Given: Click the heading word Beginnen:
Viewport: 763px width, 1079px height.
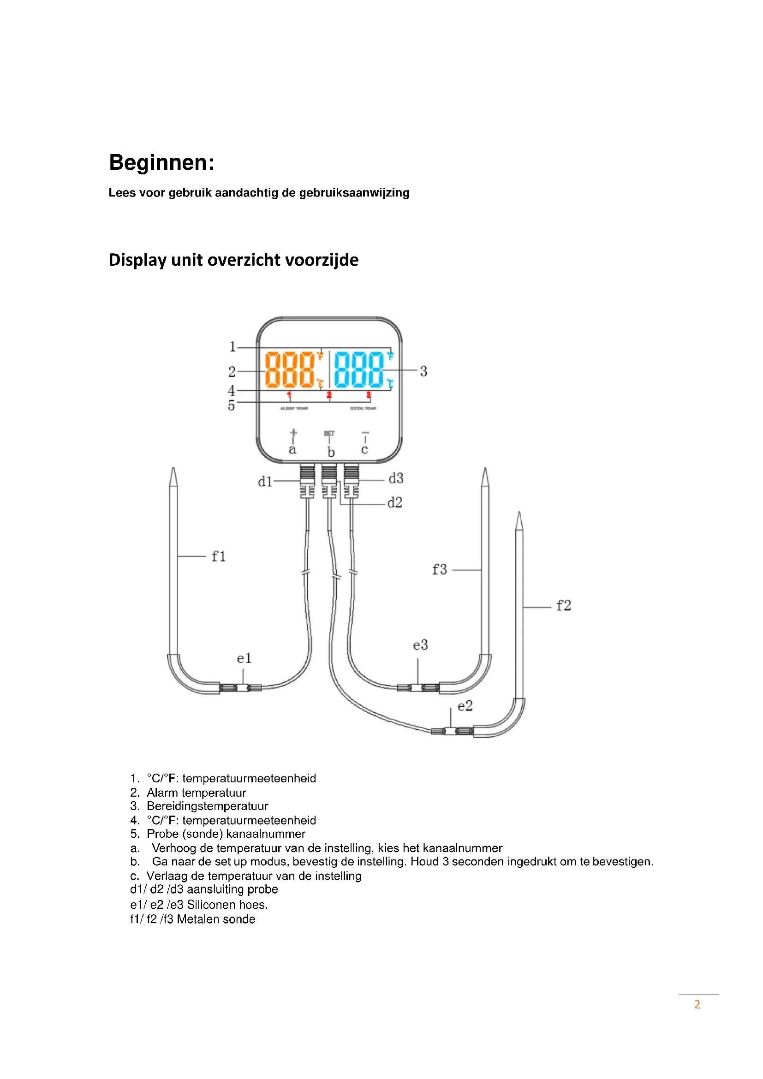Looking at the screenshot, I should (x=161, y=163).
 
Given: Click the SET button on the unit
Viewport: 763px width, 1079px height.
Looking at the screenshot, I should (x=329, y=433).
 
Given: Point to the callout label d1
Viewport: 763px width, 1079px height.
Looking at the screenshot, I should (x=265, y=482).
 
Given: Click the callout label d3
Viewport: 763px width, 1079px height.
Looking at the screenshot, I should (x=396, y=478).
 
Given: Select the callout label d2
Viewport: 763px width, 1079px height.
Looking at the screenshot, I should (x=395, y=503).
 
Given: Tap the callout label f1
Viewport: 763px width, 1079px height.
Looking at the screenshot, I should (x=219, y=556).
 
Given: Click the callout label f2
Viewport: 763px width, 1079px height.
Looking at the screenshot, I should (x=563, y=605).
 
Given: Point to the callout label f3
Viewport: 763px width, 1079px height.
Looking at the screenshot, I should (x=439, y=570).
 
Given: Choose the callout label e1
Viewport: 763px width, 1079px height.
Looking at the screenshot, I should (x=244, y=658).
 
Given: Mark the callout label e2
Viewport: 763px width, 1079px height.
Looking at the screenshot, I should (x=465, y=706).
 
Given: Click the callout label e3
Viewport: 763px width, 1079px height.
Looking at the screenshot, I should (x=421, y=645).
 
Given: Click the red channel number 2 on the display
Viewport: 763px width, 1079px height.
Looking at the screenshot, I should (x=329, y=395).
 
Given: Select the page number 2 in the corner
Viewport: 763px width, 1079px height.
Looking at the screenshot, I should (x=697, y=1004).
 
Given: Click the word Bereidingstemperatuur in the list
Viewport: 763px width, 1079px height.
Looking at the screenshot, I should (x=207, y=806).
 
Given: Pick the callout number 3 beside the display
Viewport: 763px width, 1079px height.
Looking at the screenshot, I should (x=423, y=371).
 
